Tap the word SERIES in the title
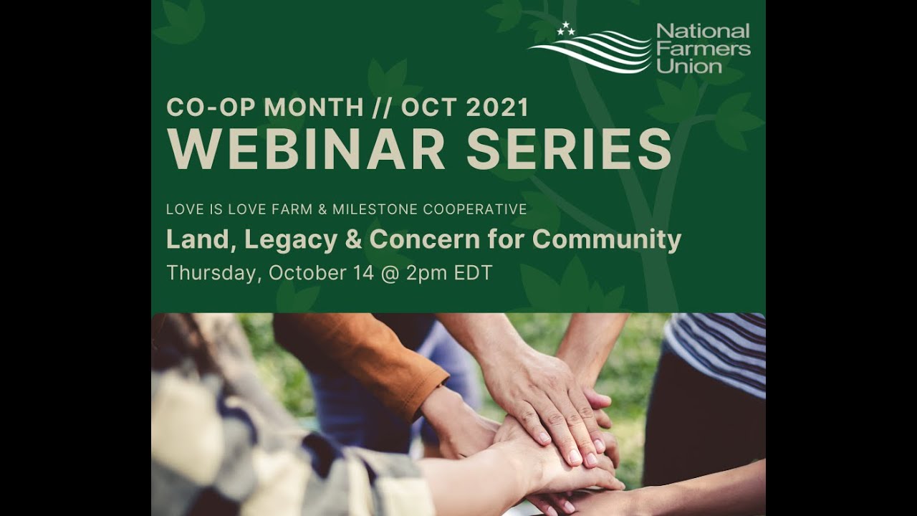click(x=569, y=149)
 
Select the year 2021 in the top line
click(x=496, y=107)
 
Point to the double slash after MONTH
click(x=383, y=107)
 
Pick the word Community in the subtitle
click(x=607, y=239)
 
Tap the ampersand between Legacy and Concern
click(x=353, y=239)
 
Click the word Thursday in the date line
click(x=211, y=273)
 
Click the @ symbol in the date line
click(x=389, y=273)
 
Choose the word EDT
click(x=473, y=273)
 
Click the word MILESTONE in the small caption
click(x=375, y=209)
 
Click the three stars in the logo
click(x=566, y=29)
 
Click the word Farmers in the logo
click(x=703, y=49)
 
